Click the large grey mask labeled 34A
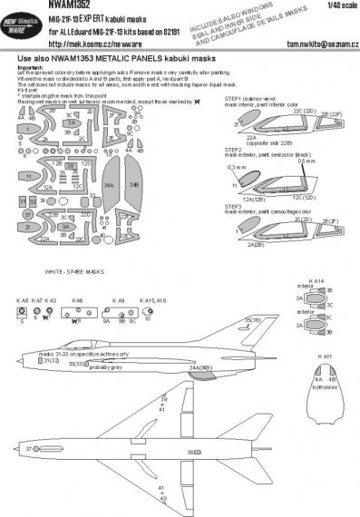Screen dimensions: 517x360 pos(134,210)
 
